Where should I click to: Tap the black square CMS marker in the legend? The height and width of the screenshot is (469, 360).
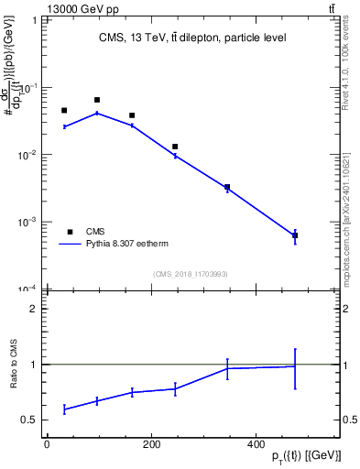[x=69, y=232]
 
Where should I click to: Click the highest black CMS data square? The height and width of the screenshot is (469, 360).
[x=97, y=100]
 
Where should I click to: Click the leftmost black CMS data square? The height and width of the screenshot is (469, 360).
[x=64, y=111]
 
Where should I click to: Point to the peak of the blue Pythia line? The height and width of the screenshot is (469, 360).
[x=97, y=113]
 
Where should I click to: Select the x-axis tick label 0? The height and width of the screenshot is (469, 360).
[x=47, y=443]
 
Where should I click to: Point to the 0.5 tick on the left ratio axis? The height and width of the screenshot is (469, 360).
[x=28, y=420]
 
